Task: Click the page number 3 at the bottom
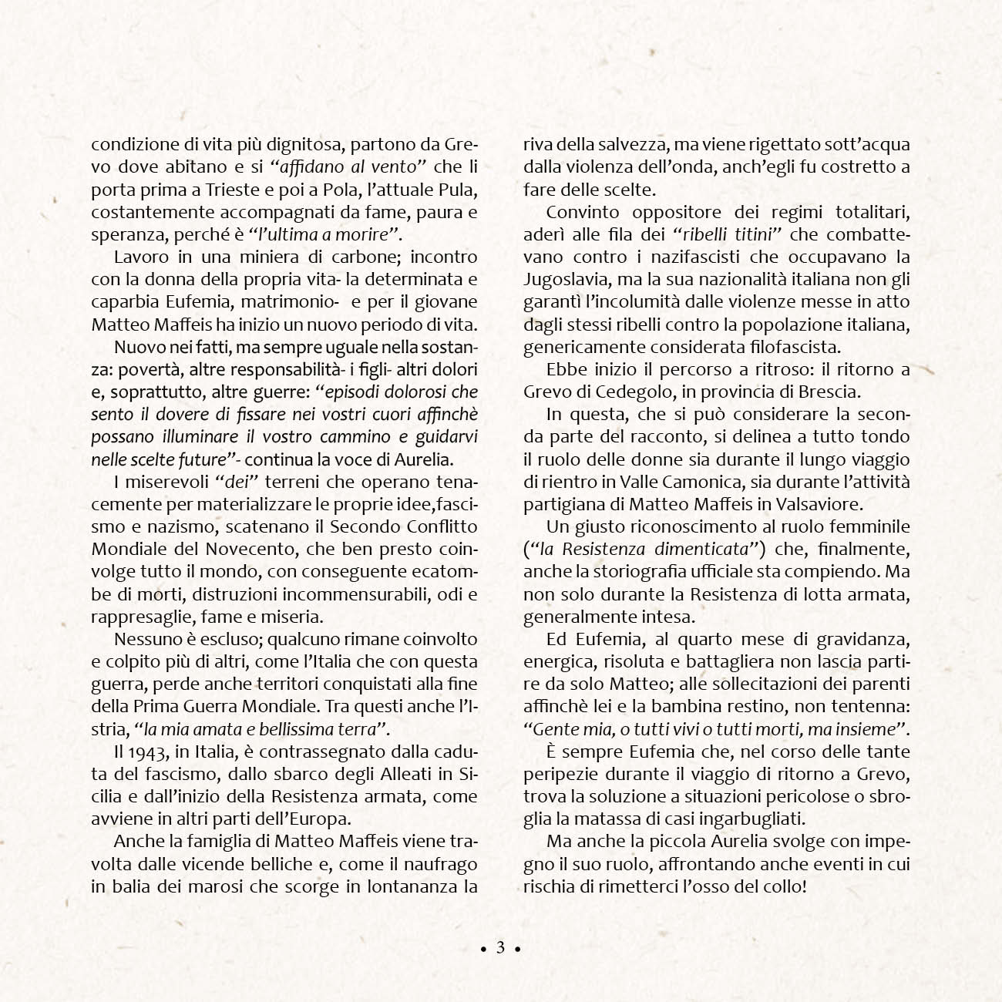[x=500, y=947]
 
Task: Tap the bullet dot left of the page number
[x=483, y=949]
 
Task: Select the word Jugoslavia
[x=575, y=279]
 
